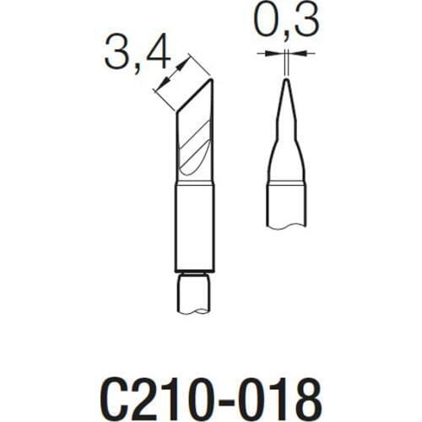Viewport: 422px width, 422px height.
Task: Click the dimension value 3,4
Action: pyautogui.click(x=138, y=57)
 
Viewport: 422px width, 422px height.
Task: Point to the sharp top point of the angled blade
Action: pyautogui.click(x=211, y=80)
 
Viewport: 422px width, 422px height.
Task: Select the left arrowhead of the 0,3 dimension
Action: pyautogui.click(x=278, y=53)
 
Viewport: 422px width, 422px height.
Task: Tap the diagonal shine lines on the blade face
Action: pyautogui.click(x=196, y=143)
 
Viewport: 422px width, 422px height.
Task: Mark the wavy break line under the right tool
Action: pyautogui.click(x=286, y=224)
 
